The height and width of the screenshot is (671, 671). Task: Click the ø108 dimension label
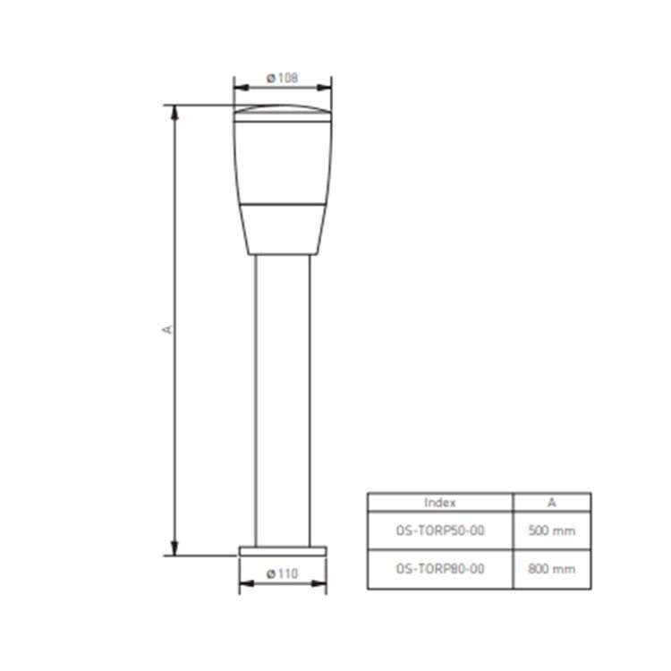coord(282,79)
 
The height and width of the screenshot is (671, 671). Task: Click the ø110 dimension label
coord(282,573)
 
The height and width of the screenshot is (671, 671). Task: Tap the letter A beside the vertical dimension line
coord(167,329)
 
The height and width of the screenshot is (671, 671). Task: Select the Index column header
coord(440,503)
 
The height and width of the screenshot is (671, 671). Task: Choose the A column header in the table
coord(552,503)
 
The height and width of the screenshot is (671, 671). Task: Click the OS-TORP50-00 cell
coord(440,531)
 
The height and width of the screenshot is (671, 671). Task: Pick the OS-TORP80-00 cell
coord(440,569)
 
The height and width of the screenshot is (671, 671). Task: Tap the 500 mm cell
coord(552,531)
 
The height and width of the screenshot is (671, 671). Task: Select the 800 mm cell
coord(552,569)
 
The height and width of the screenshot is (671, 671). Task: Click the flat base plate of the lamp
coord(283,551)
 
